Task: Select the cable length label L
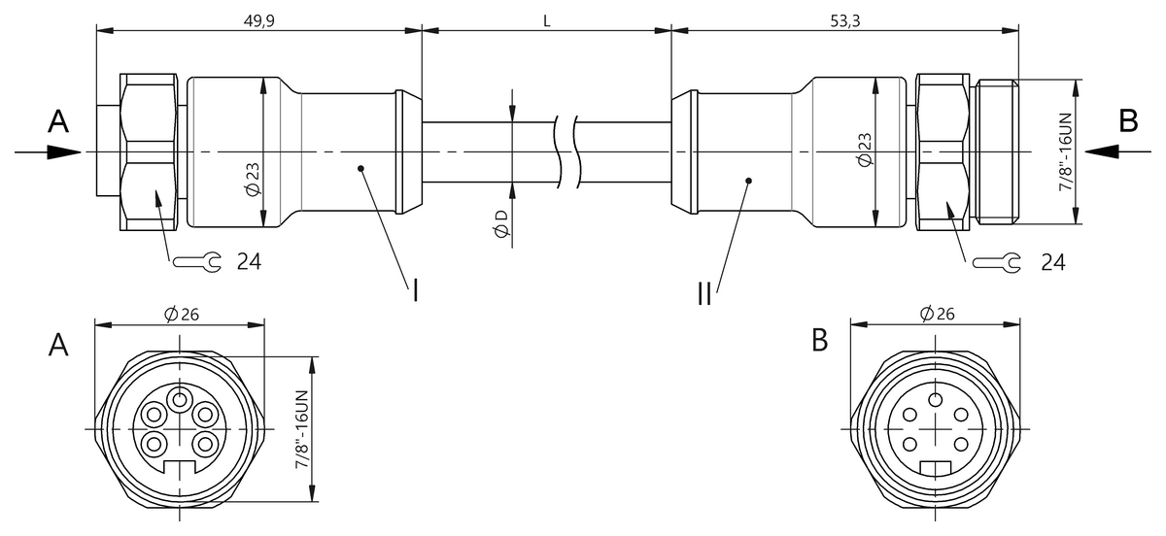tap(547, 20)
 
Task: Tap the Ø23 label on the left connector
tap(252, 179)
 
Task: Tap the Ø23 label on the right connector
tap(865, 149)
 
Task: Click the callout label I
tap(416, 289)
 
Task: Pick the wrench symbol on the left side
tap(196, 261)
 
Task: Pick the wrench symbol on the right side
tap(997, 262)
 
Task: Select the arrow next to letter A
tap(49, 151)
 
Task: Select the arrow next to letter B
tap(1117, 151)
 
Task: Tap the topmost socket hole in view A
tap(179, 398)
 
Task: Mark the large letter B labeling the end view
tap(820, 341)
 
